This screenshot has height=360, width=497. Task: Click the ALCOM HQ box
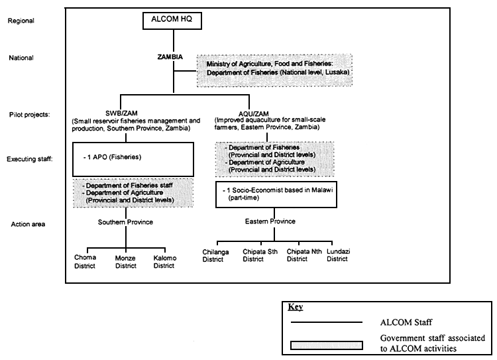[x=173, y=22]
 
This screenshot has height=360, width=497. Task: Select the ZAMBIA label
[x=174, y=58]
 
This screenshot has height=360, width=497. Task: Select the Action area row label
[x=26, y=223]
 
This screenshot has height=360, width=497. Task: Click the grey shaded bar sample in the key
[x=325, y=344]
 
